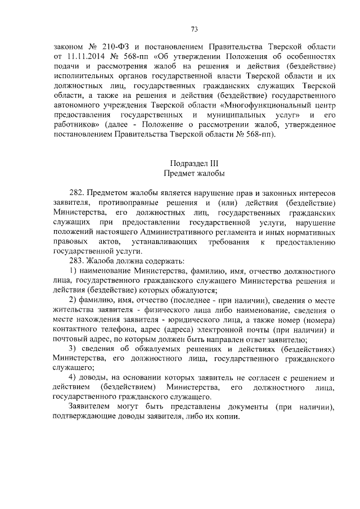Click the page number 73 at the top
point(193,29)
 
